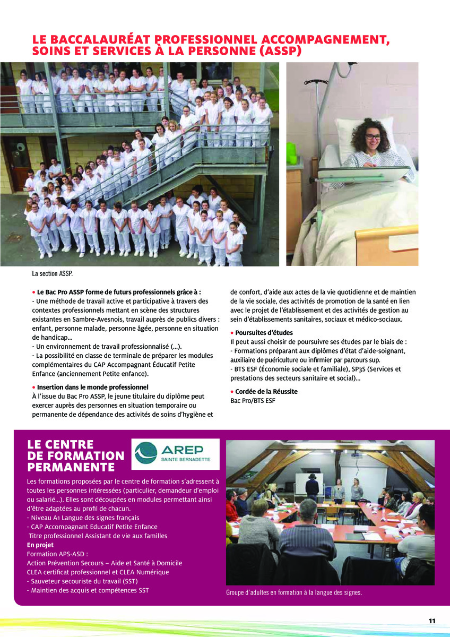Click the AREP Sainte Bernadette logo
pyautogui.click(x=175, y=454)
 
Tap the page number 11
pyautogui.click(x=432, y=621)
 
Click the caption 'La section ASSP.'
pyautogui.click(x=53, y=274)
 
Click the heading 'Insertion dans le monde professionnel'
pyautogui.click(x=92, y=387)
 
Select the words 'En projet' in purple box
pyautogui.click(x=41, y=545)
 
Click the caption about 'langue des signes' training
pyautogui.click(x=294, y=592)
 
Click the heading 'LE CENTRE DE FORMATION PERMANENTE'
pyautogui.click(x=75, y=455)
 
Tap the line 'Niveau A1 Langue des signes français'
pyautogui.click(x=83, y=518)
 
